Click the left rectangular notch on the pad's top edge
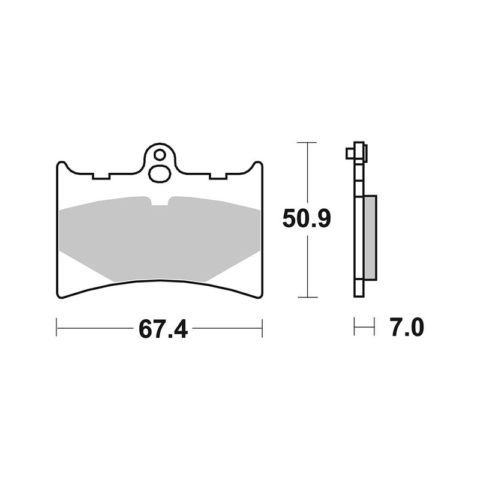tap(101, 177)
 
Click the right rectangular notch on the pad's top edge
tap(217, 177)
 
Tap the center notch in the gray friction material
tap(160, 202)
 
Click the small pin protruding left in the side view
tap(349, 154)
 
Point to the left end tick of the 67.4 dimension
tap(56, 328)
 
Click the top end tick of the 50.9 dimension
tap(307, 143)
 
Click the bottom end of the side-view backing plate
tap(359, 295)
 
